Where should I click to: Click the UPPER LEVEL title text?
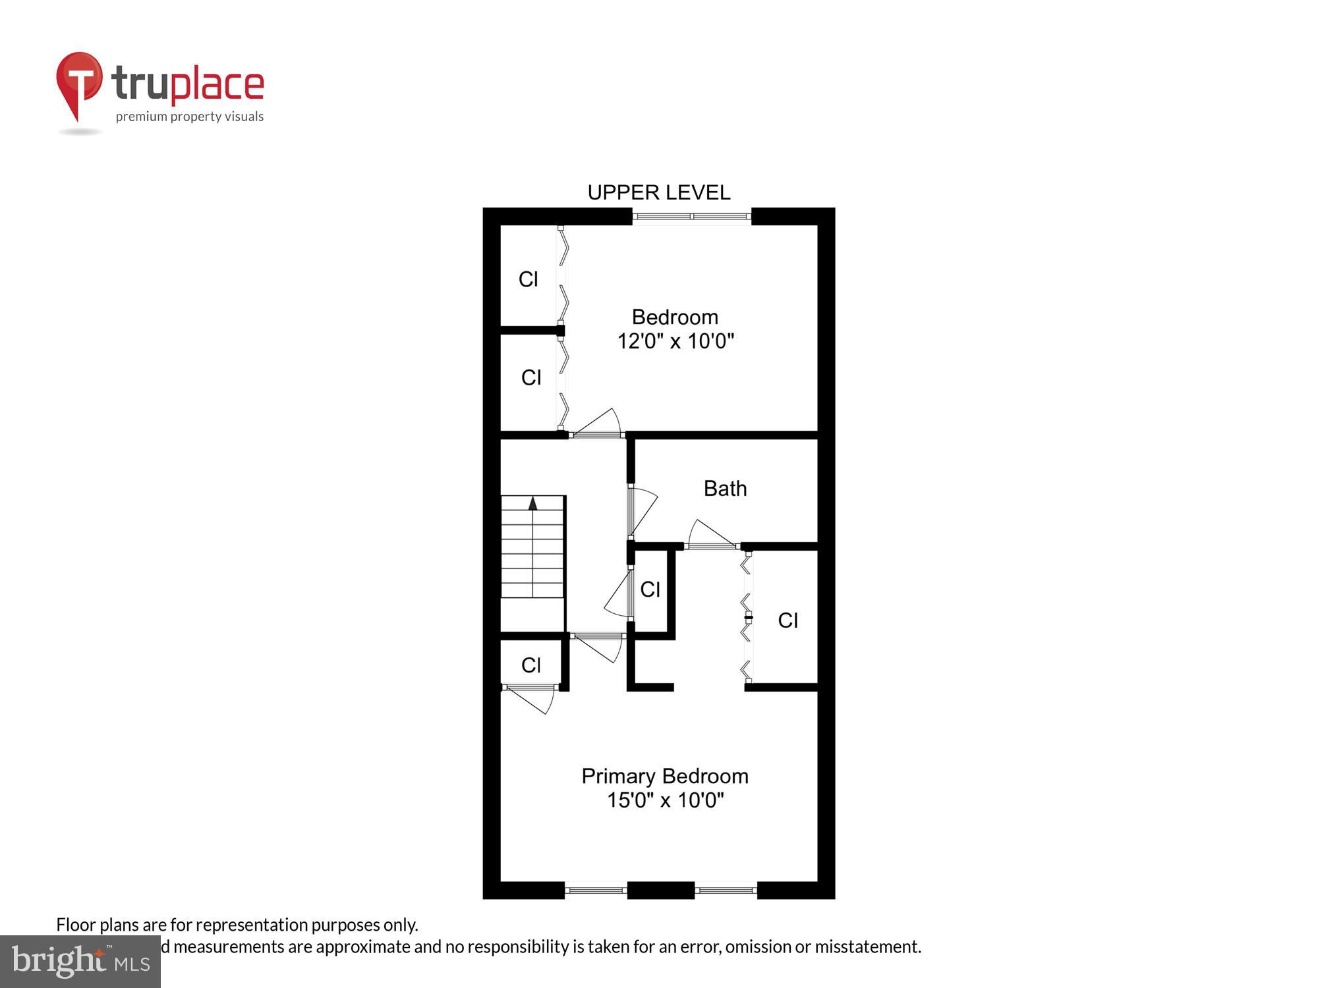[x=658, y=192]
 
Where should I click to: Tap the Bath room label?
[x=725, y=489]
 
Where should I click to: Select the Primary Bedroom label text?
[x=664, y=776]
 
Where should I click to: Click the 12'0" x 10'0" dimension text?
[x=675, y=341]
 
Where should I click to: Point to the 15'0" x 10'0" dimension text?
[x=665, y=800]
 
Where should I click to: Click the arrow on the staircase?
[x=532, y=504]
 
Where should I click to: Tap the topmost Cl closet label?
[x=528, y=279]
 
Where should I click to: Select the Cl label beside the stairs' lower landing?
[x=531, y=665]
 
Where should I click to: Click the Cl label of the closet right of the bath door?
[x=788, y=620]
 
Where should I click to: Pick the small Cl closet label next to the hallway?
[x=650, y=590]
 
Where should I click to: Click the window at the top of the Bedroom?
[x=691, y=216]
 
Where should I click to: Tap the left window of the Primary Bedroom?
[x=596, y=891]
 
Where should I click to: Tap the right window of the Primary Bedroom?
[x=726, y=891]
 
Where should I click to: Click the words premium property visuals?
[x=190, y=117]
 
